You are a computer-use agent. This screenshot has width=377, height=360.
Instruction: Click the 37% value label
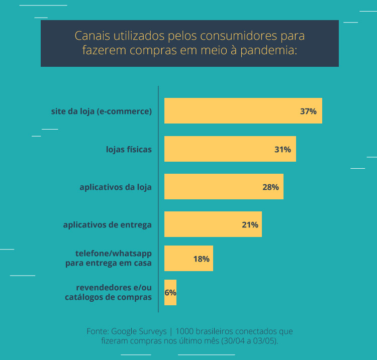tap(308, 111)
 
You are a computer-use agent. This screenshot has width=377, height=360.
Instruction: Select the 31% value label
tap(282, 150)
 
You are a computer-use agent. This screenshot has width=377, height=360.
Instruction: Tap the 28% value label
tap(270, 187)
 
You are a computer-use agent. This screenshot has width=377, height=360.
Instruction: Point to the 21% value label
tap(250, 225)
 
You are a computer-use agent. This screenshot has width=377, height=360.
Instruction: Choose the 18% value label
tap(201, 259)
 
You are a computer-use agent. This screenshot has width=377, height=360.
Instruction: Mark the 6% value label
tap(170, 293)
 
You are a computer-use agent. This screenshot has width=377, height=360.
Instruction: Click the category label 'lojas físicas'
tap(129, 150)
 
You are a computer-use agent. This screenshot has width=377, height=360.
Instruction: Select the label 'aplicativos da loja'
tap(116, 187)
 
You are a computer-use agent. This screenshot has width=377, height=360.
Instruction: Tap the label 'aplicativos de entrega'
tap(107, 225)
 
